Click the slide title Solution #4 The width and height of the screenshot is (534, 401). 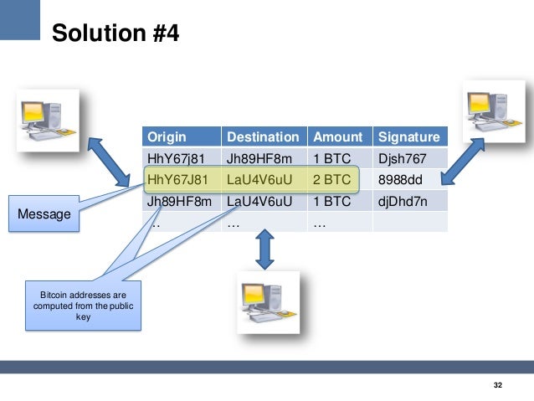(115, 33)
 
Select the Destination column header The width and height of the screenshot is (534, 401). (262, 136)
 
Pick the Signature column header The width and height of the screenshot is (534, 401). (408, 136)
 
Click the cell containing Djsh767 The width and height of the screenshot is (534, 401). (403, 158)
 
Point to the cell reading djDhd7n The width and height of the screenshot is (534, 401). (404, 201)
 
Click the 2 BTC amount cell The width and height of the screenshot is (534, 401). (331, 179)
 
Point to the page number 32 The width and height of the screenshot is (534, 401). (498, 384)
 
